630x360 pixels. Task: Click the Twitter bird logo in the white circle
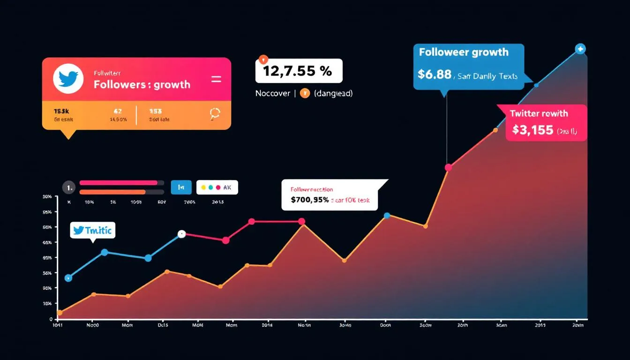(x=68, y=79)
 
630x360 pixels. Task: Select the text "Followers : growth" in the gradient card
(x=142, y=84)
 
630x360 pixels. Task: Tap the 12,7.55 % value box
(x=299, y=71)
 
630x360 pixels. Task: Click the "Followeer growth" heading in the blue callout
(x=463, y=52)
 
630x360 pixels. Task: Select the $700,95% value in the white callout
(x=309, y=200)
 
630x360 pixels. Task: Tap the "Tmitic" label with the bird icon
(x=93, y=231)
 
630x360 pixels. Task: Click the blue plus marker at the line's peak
(x=580, y=49)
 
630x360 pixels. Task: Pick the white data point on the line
(x=182, y=234)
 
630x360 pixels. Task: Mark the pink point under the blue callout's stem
(x=448, y=167)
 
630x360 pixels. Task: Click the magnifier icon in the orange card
(x=215, y=113)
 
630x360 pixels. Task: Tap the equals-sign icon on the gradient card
(x=216, y=79)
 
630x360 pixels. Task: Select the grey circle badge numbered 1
(x=68, y=187)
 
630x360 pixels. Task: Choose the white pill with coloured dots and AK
(x=217, y=187)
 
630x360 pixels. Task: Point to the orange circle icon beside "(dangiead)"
(x=304, y=93)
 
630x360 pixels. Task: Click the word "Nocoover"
(x=272, y=93)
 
